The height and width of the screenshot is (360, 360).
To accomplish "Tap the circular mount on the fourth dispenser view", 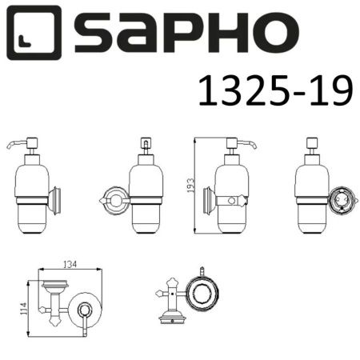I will [336, 198].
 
